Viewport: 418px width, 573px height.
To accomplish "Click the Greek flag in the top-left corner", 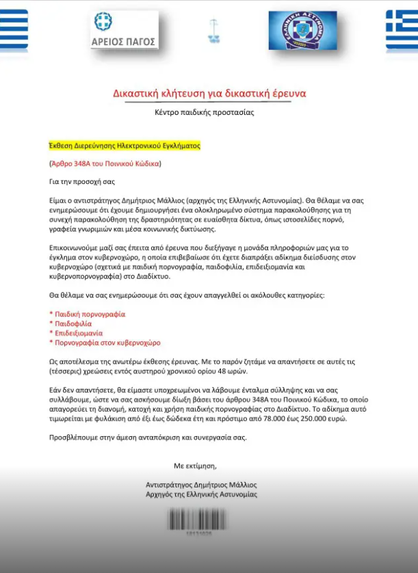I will pyautogui.click(x=14, y=31).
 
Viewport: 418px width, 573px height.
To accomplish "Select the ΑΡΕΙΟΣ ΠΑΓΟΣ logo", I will pyautogui.click(x=125, y=31).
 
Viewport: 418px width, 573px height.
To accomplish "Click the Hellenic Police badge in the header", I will pyautogui.click(x=302, y=31).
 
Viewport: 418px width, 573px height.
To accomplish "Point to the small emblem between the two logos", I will pyautogui.click(x=213, y=31).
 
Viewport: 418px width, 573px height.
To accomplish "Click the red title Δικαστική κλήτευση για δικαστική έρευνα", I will pyautogui.click(x=209, y=93).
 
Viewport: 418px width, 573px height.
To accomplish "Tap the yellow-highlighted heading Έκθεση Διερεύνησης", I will pyautogui.click(x=124, y=146).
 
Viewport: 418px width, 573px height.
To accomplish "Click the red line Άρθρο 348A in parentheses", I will pyautogui.click(x=105, y=164).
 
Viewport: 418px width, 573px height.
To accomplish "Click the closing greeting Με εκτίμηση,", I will pyautogui.click(x=195, y=466).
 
